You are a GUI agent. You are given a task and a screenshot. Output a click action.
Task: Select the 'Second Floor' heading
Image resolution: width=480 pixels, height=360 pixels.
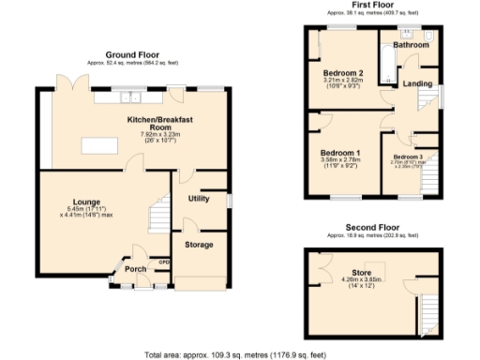(372, 227)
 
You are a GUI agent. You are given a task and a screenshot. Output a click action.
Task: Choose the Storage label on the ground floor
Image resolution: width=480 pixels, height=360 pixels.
(198, 245)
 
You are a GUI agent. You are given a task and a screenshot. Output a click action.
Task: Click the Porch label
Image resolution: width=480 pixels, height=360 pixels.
(137, 269)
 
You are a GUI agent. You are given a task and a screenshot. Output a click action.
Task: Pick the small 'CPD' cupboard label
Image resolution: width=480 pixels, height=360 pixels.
(163, 262)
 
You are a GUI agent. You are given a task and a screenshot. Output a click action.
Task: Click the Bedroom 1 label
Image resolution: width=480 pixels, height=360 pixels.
(341, 152)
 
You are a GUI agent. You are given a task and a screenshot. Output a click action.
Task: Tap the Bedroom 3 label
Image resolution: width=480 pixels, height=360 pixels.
(408, 157)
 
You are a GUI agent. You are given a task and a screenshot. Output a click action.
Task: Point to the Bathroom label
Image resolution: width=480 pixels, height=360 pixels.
(411, 45)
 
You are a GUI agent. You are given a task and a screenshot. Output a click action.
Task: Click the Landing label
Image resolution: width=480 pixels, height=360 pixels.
(417, 84)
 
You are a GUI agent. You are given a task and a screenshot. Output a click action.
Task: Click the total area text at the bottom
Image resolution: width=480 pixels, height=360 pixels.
(235, 354)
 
